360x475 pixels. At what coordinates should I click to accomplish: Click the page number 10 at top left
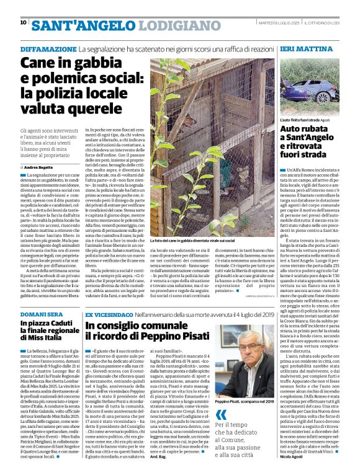[23, 22]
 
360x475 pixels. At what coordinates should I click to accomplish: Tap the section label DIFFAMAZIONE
[48, 48]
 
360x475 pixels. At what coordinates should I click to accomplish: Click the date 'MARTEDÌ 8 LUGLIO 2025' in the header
[279, 23]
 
